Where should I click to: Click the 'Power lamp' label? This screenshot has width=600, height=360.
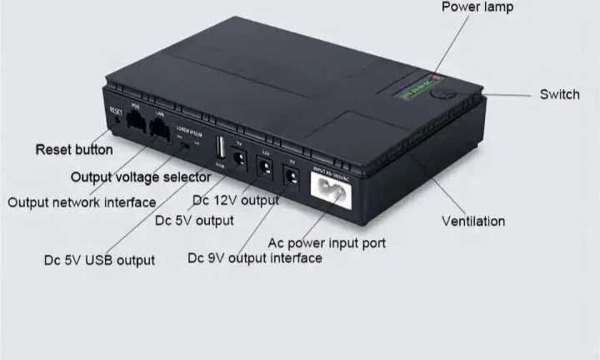pos(477,7)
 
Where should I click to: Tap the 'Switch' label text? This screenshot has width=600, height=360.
pos(559,94)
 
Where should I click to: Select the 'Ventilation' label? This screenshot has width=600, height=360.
pos(472,221)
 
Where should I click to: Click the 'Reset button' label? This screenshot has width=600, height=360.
pos(73,150)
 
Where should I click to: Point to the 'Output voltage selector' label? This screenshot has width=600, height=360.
pos(140,177)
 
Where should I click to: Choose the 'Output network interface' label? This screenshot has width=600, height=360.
pos(82,202)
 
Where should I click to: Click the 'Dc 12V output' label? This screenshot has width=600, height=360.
pos(236,200)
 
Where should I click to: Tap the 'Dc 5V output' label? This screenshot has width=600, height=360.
pos(194,221)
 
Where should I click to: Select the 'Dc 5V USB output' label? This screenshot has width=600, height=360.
pos(99,260)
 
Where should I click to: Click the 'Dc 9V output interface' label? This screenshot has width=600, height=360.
pos(254,258)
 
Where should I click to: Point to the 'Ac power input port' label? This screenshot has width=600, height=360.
pos(326,242)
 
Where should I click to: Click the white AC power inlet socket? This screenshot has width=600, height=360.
pos(332,190)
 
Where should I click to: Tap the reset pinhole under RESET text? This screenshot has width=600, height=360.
pos(116,121)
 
